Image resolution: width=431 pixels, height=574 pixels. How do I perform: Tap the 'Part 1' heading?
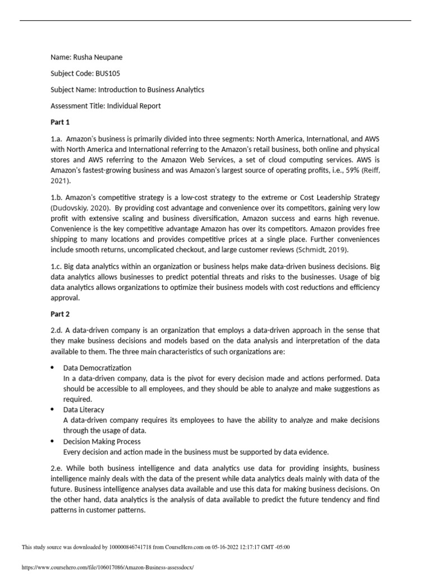coord(59,122)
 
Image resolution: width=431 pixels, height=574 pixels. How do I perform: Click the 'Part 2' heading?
coord(59,315)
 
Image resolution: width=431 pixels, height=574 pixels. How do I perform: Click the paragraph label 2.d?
coord(56,331)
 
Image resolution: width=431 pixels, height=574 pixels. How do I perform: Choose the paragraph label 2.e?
coord(56,468)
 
